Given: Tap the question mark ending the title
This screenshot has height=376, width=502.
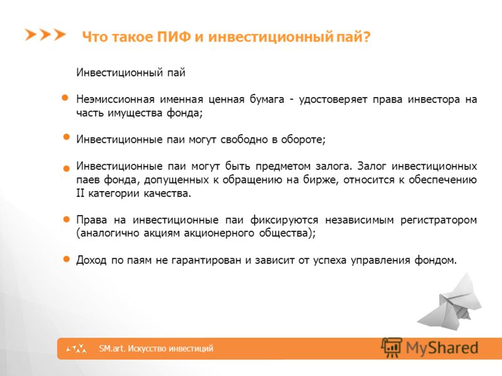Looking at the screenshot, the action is point(366,37).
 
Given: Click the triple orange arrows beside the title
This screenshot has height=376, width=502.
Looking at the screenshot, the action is point(45,34).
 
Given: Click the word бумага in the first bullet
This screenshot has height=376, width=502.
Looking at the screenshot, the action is point(267,100).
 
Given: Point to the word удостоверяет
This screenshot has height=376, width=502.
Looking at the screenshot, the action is point(333,100).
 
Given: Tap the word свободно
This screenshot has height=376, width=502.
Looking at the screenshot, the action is point(244,140).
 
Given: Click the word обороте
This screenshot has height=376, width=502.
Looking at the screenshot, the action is point(303,140).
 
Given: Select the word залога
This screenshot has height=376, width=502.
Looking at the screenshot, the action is point(334,166).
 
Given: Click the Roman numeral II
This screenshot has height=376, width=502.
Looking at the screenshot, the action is point(80,194).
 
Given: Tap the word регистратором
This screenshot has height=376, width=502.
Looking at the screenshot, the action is point(439,221).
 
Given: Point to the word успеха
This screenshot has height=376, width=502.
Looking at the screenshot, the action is point(330,261).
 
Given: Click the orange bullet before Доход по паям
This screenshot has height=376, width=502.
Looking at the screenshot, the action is point(67,259).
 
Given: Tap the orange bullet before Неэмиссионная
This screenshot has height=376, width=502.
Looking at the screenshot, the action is point(65,98).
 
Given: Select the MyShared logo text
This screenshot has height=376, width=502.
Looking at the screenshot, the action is point(442,348).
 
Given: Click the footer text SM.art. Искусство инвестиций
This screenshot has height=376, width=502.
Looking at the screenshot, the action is point(156,348).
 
